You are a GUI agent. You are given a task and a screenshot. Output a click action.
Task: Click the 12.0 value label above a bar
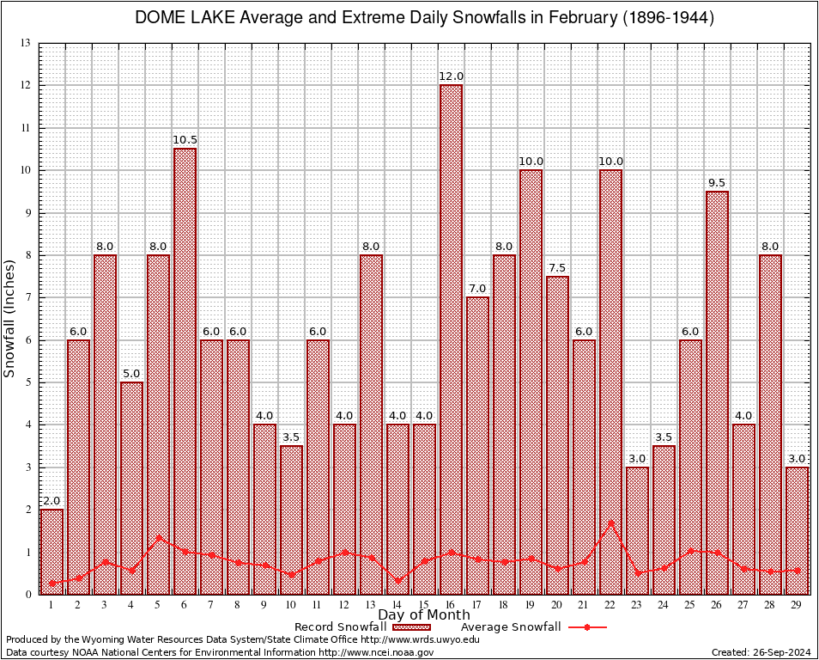pos(451,76)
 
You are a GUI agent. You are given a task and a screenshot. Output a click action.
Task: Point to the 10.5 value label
pos(185,140)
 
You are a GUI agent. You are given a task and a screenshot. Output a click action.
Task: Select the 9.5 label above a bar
pos(717,182)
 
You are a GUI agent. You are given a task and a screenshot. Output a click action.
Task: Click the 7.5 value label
pos(557,267)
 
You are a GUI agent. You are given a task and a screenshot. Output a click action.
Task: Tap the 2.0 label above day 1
pos(52,500)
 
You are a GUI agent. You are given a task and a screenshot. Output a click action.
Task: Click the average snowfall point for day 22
pos(610,522)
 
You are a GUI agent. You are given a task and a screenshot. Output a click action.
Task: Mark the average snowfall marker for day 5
pos(158,538)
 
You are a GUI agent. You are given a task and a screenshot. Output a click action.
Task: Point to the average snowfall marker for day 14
pos(397,580)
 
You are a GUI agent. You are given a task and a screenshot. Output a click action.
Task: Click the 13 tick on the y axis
pos(26,43)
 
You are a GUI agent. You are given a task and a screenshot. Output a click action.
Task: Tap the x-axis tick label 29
pos(797,606)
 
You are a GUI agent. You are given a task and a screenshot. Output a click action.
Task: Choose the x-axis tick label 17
pos(477,606)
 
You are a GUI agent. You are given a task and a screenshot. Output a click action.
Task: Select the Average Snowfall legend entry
pos(532,627)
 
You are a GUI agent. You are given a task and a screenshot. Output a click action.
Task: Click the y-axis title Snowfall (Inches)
pos(10,318)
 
